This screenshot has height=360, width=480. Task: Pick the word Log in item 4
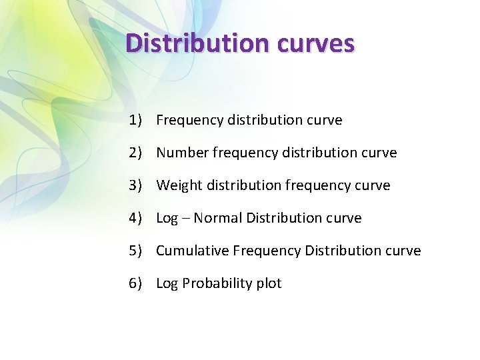coord(167,219)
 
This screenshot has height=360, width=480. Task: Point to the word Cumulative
coord(192,251)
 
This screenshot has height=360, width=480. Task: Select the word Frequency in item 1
coord(190,120)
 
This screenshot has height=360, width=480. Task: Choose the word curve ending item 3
coord(372,185)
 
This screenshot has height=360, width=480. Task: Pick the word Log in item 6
coord(167,284)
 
